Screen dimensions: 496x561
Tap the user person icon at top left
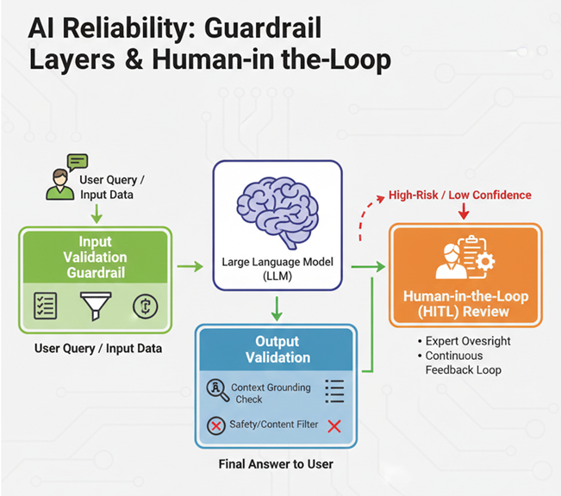(60, 185)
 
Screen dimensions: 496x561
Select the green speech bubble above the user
(78, 161)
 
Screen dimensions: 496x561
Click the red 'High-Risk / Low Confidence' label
(461, 195)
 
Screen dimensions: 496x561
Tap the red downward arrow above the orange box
(464, 213)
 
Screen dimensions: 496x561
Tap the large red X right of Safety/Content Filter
(334, 425)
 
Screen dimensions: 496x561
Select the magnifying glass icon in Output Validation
(217, 390)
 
